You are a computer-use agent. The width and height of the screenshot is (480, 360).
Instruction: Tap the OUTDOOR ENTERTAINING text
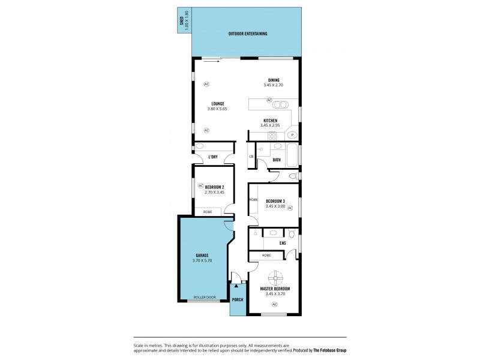click(x=248, y=34)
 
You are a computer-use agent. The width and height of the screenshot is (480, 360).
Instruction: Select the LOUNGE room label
click(x=217, y=103)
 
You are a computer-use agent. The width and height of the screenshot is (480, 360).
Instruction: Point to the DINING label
click(x=274, y=80)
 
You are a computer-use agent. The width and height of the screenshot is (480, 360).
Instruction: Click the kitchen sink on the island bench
click(x=280, y=104)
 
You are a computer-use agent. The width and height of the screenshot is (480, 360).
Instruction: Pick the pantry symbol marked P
click(x=292, y=135)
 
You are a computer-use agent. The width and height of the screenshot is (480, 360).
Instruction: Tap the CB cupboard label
click(x=251, y=157)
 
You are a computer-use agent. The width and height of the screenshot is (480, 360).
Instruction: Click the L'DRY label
click(x=212, y=157)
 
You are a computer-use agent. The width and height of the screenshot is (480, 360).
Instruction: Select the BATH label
click(x=277, y=160)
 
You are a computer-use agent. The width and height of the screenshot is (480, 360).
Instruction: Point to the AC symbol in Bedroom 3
click(x=290, y=208)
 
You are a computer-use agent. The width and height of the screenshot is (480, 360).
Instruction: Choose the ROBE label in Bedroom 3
click(x=254, y=200)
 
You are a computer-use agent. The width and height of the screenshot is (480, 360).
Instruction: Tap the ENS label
click(x=283, y=243)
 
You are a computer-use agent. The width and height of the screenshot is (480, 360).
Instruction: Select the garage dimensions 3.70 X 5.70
click(x=202, y=260)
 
